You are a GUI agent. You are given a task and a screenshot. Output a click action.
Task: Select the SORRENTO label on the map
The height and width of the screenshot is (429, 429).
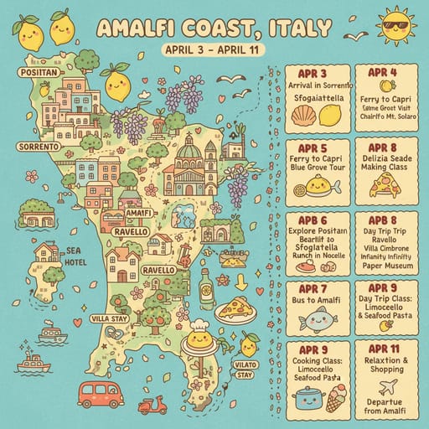point(36,147)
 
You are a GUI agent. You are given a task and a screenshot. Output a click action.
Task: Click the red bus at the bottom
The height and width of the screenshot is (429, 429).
point(100,393)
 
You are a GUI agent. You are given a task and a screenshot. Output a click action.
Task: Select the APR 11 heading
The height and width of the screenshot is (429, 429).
point(385,348)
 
